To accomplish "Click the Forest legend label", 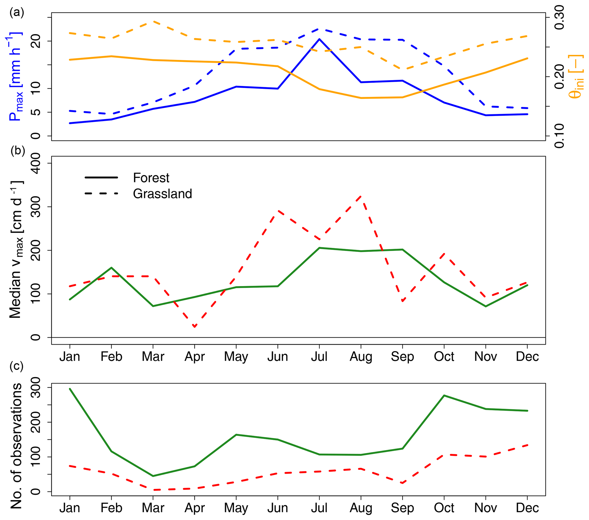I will pyautogui.click(x=151, y=178).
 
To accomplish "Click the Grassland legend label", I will pyautogui.click(x=162, y=193).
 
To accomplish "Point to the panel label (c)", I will pyautogui.click(x=17, y=366).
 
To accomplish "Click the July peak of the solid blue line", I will pyautogui.click(x=319, y=39).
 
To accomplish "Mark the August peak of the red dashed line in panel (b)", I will pyautogui.click(x=361, y=196).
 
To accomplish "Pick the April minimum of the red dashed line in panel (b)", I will pyautogui.click(x=195, y=327).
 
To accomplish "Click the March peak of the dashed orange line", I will pyautogui.click(x=153, y=21).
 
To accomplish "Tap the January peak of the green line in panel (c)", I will pyautogui.click(x=70, y=389).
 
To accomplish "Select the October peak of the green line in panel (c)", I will pyautogui.click(x=444, y=395).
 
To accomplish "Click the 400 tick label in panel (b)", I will pyautogui.click(x=36, y=163).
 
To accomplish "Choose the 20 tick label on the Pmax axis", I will pyautogui.click(x=36, y=41).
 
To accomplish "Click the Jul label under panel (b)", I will pyautogui.click(x=319, y=356).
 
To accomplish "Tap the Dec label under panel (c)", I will pyautogui.click(x=527, y=508).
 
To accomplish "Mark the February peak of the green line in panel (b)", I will pyautogui.click(x=111, y=268).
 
